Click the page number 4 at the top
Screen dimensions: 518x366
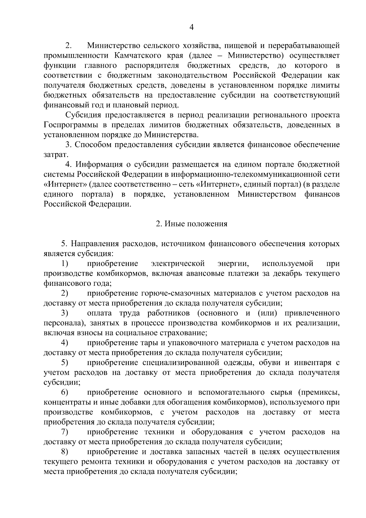pos(192,27)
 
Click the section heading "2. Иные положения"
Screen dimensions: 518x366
pos(192,224)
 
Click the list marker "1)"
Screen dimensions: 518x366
pos(64,263)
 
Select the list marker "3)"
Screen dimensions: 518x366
pos(64,313)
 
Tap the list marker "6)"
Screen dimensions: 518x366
pos(64,392)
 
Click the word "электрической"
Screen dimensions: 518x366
pos(178,263)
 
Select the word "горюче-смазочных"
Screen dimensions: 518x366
pos(176,293)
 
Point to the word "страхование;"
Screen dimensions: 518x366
pos(186,333)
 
